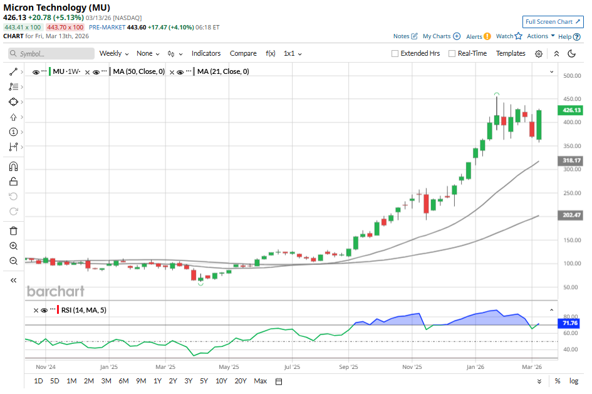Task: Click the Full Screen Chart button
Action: click(x=553, y=21)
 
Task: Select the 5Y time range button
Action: click(x=204, y=381)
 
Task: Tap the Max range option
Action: click(x=261, y=381)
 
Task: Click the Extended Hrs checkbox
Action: click(x=395, y=54)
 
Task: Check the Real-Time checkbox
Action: click(x=452, y=54)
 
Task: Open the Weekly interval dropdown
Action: click(x=114, y=54)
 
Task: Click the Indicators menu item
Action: click(x=206, y=54)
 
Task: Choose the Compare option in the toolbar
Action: click(x=243, y=54)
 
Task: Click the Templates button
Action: click(x=511, y=54)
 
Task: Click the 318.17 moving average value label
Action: click(x=569, y=161)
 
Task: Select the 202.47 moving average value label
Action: click(x=569, y=215)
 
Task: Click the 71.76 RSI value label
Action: click(x=569, y=323)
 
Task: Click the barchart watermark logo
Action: click(x=55, y=291)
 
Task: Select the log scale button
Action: click(x=574, y=381)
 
